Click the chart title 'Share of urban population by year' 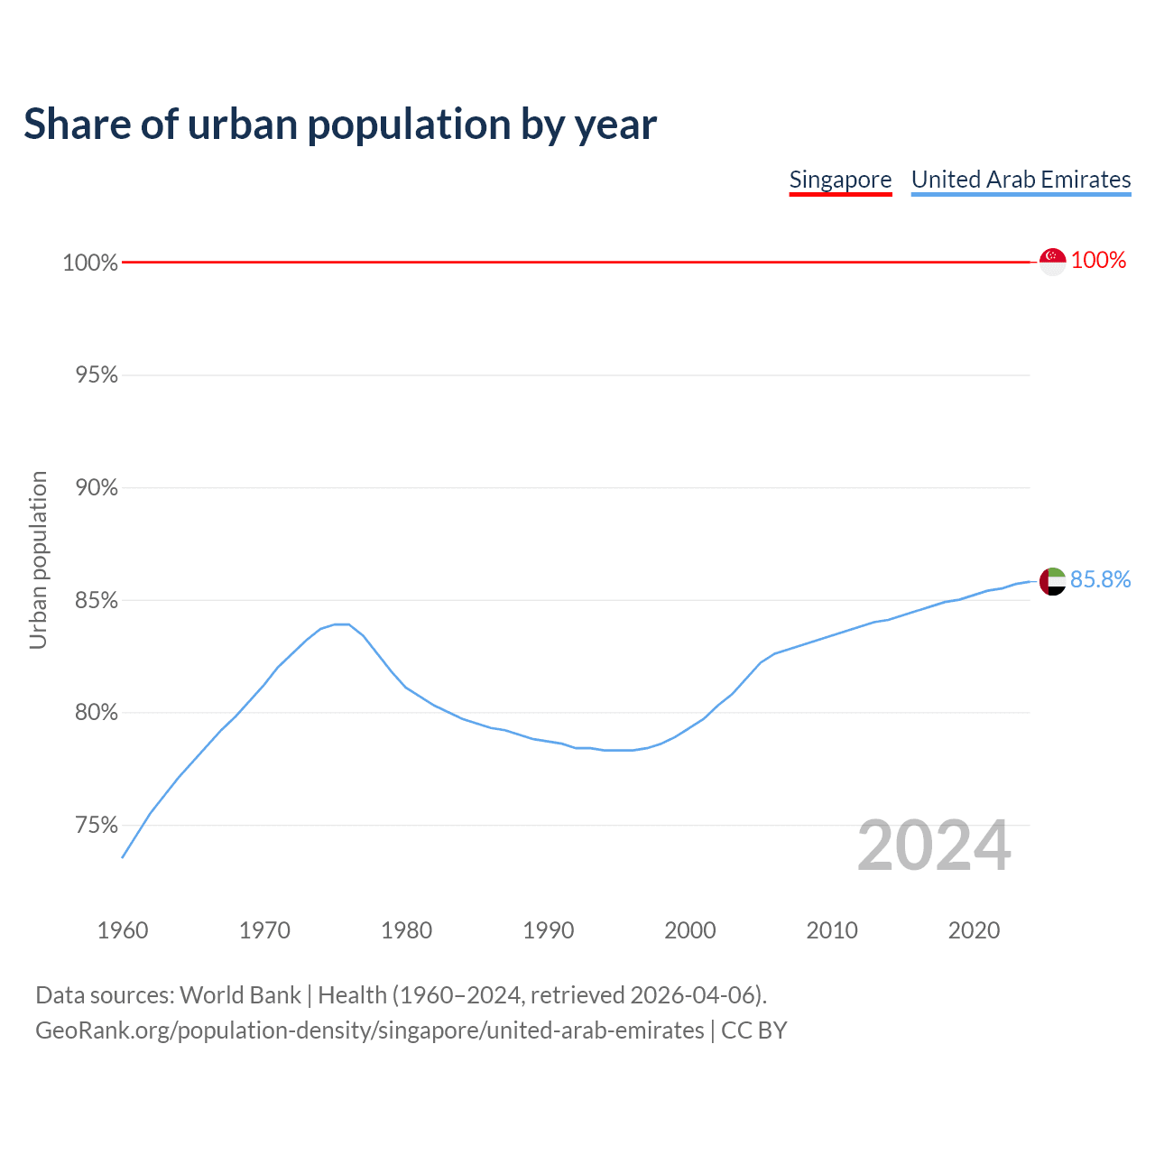[340, 125]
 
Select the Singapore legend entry [840, 180]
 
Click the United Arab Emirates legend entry [1021, 180]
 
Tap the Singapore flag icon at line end [1052, 261]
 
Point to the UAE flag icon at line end [1052, 581]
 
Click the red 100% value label [1098, 261]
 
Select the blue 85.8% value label [1100, 579]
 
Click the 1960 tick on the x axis [123, 930]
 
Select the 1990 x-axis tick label [549, 930]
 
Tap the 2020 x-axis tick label [974, 930]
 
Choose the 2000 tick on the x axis [690, 930]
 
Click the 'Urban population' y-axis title [38, 559]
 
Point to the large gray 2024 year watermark [934, 846]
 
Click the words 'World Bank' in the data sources [240, 995]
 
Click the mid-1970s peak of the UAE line [341, 624]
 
